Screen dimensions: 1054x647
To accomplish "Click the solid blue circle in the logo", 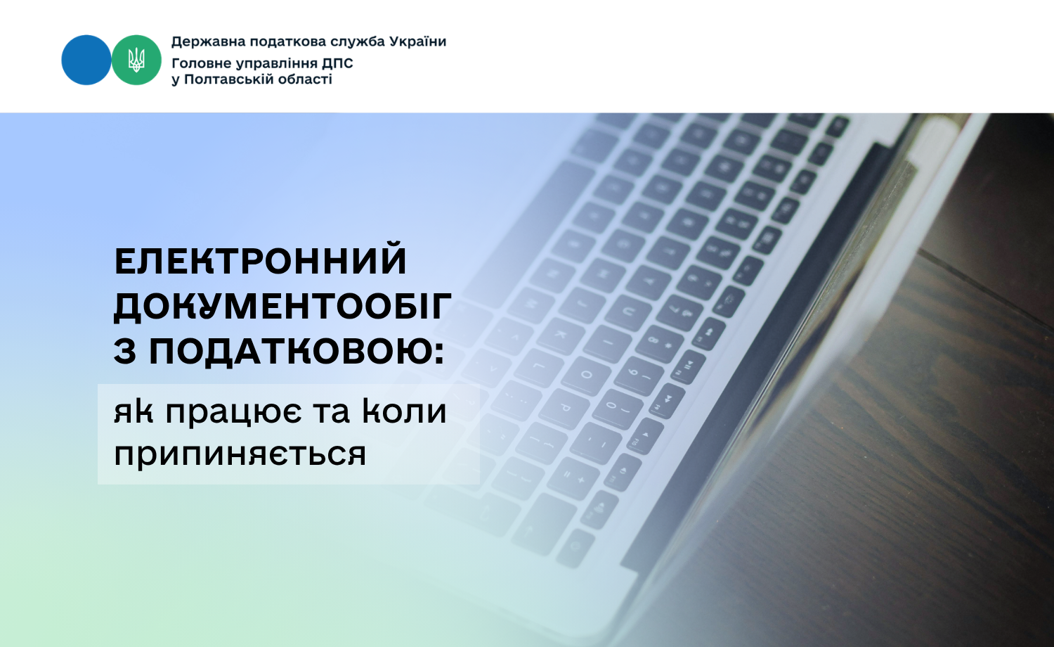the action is [x=86, y=60].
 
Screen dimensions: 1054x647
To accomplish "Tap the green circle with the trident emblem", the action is [x=136, y=60].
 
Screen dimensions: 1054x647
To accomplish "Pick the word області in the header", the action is [x=304, y=79].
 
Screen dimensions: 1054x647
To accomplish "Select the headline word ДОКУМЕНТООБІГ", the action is [x=282, y=307].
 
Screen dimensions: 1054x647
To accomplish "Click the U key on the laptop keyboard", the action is [x=627, y=312].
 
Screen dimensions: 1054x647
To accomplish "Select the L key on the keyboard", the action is [x=537, y=368].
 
